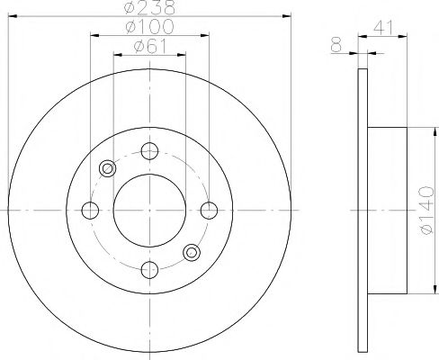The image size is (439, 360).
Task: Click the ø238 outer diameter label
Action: (x=148, y=7)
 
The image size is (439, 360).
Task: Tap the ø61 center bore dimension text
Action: (x=148, y=47)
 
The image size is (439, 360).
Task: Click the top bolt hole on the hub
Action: (x=149, y=150)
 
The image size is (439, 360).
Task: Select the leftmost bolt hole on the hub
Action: (x=90, y=210)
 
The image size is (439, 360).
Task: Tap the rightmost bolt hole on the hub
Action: (x=209, y=210)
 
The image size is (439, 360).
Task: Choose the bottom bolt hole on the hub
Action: (x=149, y=269)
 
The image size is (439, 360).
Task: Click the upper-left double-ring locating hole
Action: (x=108, y=167)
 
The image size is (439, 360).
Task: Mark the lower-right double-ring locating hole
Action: (x=191, y=253)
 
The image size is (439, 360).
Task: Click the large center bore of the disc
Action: (x=149, y=210)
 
